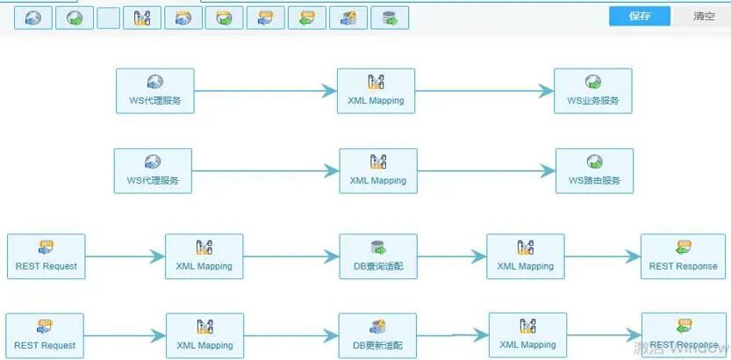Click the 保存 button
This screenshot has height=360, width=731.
click(640, 17)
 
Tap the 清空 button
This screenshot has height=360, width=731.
click(704, 17)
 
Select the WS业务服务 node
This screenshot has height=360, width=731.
click(592, 90)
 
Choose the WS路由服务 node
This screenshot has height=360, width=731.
click(594, 170)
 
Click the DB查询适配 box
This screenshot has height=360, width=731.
click(378, 256)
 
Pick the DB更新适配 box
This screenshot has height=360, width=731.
click(378, 335)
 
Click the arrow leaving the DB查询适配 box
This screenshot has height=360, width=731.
click(452, 256)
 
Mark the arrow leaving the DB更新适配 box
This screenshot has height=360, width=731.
click(453, 335)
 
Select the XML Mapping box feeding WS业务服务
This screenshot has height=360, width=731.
click(376, 90)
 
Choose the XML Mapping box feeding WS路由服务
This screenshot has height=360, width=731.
click(378, 170)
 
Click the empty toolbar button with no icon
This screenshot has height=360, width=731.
click(108, 18)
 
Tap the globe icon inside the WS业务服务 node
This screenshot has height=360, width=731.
click(593, 83)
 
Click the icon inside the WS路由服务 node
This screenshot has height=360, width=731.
click(594, 162)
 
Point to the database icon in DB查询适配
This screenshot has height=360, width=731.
click(378, 248)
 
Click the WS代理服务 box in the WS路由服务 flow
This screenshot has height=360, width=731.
click(153, 170)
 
